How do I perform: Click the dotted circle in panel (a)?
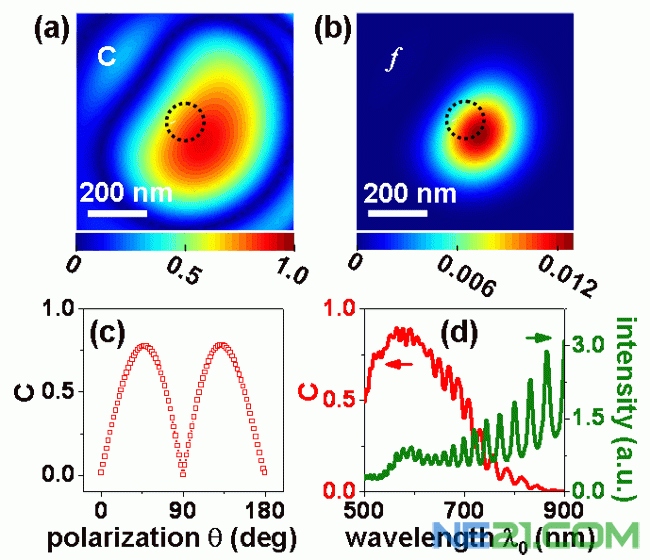[185, 122]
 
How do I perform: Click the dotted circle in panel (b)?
[465, 120]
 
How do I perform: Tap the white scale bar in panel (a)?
[116, 213]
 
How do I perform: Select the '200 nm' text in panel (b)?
[409, 192]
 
